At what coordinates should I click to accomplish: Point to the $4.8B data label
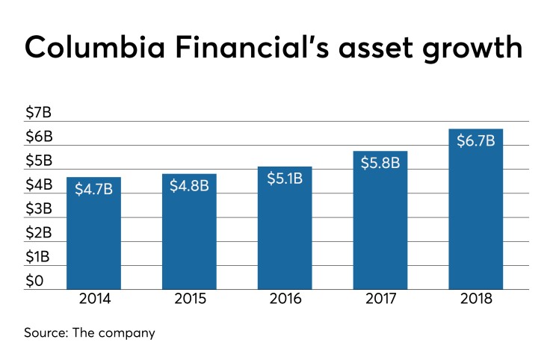click(189, 185)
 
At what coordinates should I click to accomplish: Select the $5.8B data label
click(380, 162)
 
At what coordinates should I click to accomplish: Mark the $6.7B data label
click(476, 140)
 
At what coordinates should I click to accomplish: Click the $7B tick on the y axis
click(39, 113)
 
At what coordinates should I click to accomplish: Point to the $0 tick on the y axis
click(35, 281)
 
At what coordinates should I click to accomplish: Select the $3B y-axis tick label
click(39, 208)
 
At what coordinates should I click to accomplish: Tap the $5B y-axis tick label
click(39, 161)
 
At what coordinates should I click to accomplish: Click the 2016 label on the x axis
click(285, 300)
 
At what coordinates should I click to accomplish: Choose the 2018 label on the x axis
click(476, 300)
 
